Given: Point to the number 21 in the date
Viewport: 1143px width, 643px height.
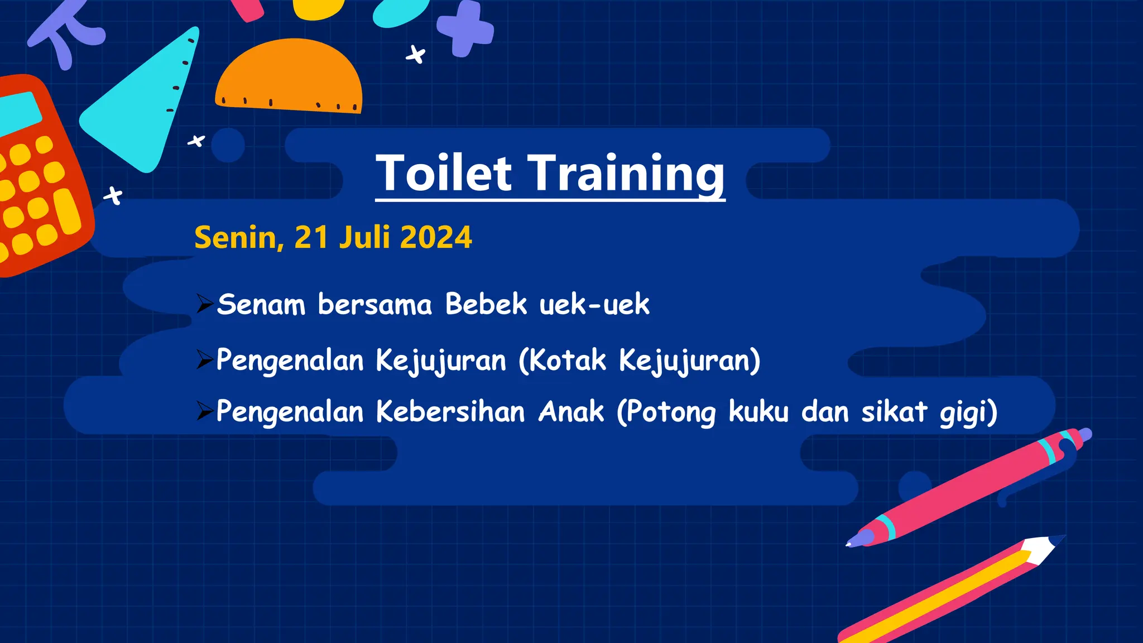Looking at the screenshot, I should pos(311,237).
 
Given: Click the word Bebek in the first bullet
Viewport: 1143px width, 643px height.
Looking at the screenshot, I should pos(486,305).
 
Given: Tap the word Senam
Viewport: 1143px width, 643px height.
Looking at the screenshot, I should pos(261,305).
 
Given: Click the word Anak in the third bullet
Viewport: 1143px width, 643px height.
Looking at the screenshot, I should pos(571,412).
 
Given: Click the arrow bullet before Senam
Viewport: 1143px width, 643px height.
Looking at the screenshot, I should pos(205,304).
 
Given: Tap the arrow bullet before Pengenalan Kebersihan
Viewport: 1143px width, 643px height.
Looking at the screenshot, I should pos(205,412).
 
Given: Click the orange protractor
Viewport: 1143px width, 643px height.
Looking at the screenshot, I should pos(289,75).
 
